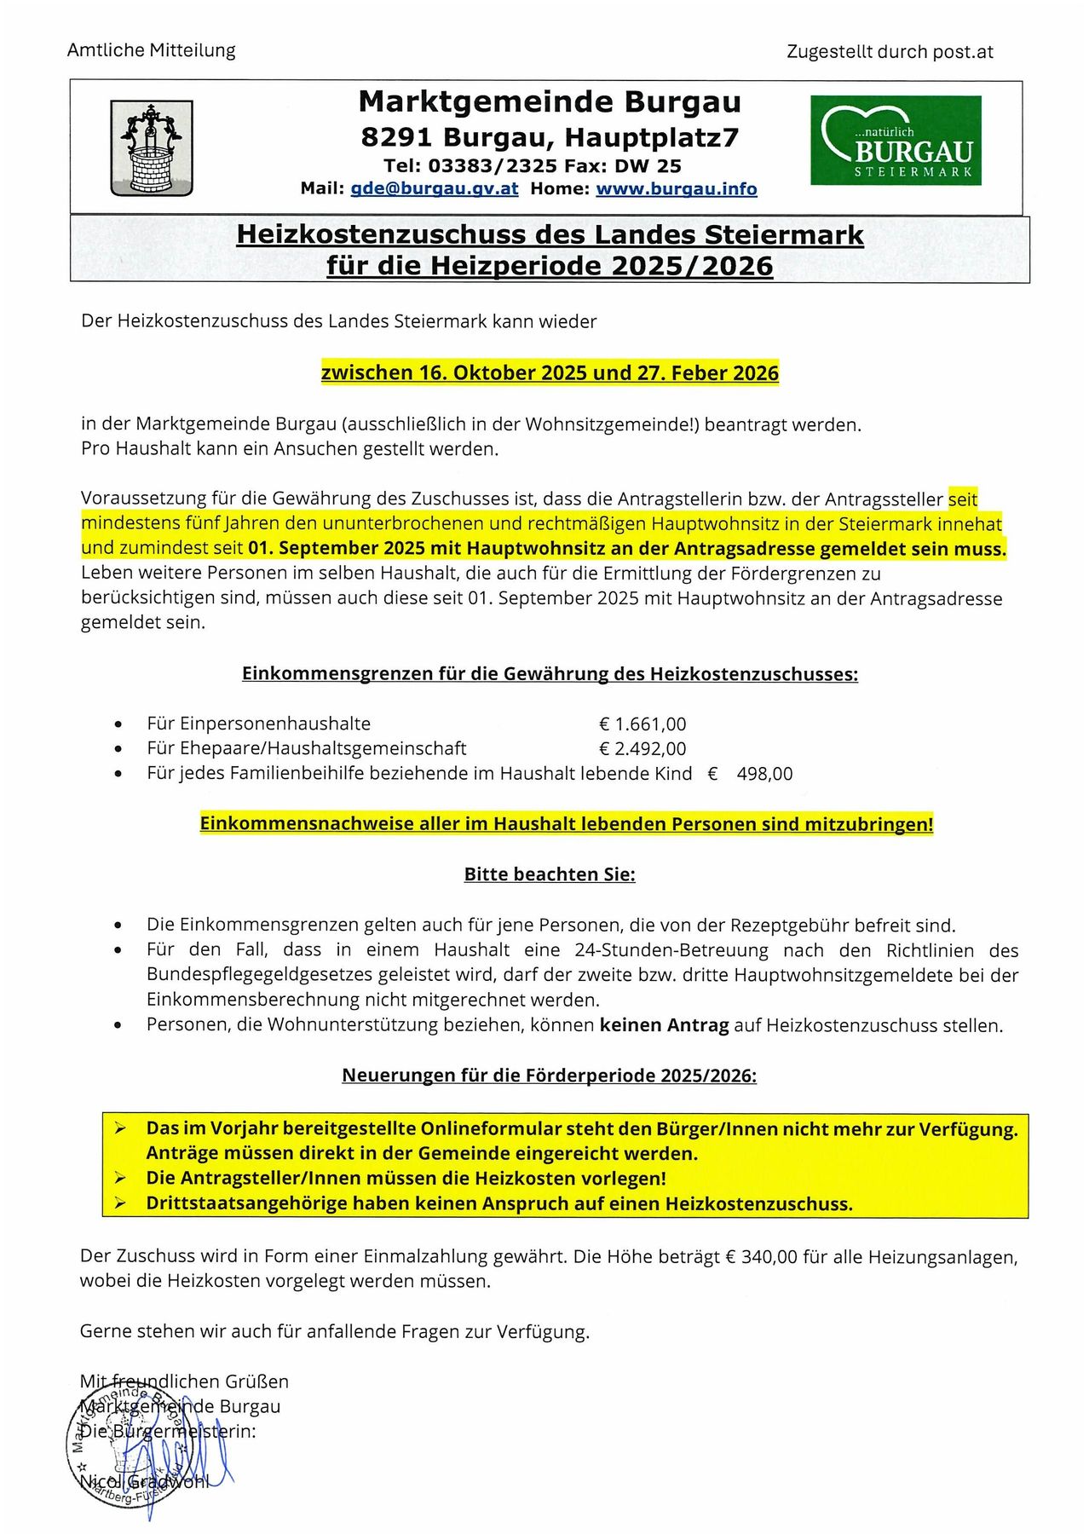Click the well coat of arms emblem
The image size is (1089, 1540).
click(x=152, y=148)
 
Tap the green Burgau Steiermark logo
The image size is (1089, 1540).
click(x=895, y=141)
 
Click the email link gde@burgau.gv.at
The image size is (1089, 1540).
click(x=434, y=188)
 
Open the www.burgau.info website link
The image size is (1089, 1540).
click(x=676, y=188)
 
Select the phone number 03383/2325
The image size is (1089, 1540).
click(x=493, y=165)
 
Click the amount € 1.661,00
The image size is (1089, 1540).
click(x=642, y=724)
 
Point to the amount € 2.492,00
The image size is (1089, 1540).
click(x=642, y=749)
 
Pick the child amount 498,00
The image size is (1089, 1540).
click(x=763, y=774)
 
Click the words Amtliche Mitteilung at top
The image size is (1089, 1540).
click(x=151, y=50)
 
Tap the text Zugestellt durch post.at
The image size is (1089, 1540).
click(x=890, y=52)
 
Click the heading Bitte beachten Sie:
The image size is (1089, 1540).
click(x=549, y=874)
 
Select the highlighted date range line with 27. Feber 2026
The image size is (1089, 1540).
click(x=550, y=373)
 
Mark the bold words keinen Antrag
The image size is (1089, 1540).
click(x=664, y=1025)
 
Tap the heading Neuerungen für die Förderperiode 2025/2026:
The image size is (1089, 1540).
click(x=549, y=1076)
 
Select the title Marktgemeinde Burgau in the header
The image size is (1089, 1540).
click(x=550, y=102)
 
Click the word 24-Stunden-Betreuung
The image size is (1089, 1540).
click(x=671, y=950)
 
